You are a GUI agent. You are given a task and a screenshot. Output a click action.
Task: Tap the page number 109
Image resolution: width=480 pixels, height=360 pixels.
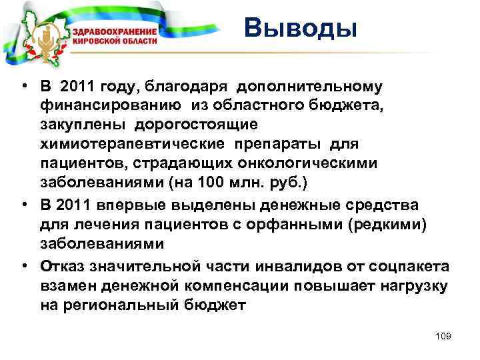[x=442, y=336]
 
